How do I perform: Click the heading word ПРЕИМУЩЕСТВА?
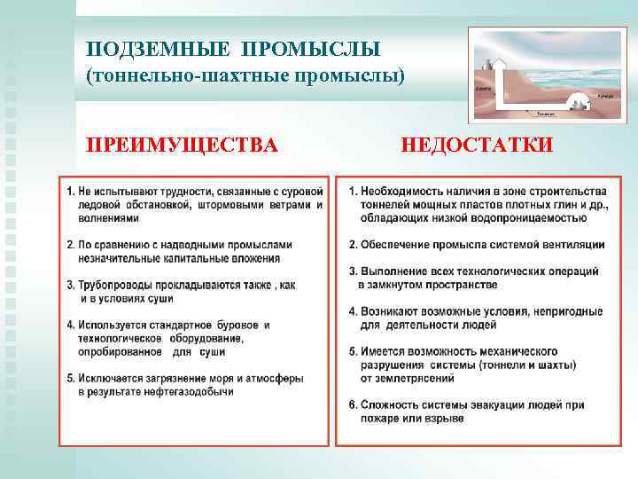pyautogui.click(x=181, y=144)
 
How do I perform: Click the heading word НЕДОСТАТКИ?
pyautogui.click(x=477, y=144)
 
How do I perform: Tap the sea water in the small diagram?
pyautogui.click(x=567, y=67)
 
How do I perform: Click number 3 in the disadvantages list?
pyautogui.click(x=353, y=271)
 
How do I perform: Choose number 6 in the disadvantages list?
pyautogui.click(x=353, y=404)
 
